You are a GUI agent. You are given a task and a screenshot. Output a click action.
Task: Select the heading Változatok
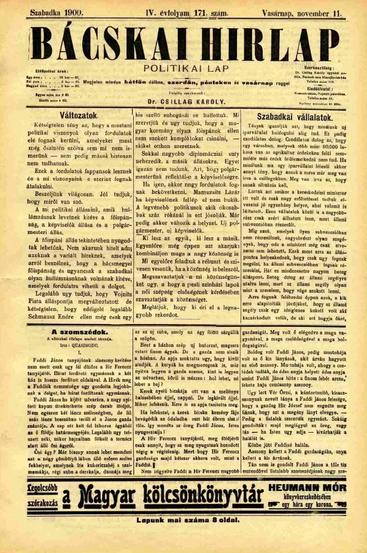pyautogui.click(x=66, y=114)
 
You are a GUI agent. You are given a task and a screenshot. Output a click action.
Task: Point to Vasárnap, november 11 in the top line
pyautogui.click(x=309, y=12)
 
